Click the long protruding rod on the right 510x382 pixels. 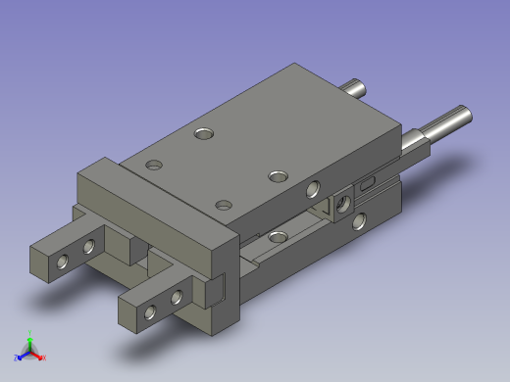coord(449,122)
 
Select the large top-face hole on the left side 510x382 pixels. coord(204,131)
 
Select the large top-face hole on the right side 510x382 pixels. coord(279,176)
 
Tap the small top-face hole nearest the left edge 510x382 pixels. coord(152,164)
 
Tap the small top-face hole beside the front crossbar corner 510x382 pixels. coord(224,205)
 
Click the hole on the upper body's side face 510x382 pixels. coord(313,188)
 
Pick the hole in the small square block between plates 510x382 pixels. coord(342,203)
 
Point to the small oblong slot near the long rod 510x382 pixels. coord(368,182)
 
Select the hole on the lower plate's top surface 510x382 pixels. coord(279,236)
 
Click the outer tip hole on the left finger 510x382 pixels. coord(63,262)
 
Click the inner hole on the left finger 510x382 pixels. coord(89,247)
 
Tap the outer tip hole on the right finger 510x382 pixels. coord(150,312)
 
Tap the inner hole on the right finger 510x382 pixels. coord(178,297)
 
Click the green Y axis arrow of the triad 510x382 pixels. coord(30,336)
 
